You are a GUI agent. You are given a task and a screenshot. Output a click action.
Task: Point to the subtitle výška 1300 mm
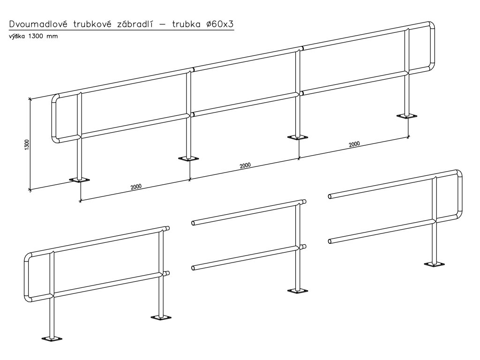click(33, 37)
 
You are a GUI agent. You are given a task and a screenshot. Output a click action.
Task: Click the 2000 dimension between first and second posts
click(136, 187)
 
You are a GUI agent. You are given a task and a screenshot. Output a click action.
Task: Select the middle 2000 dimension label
click(245, 165)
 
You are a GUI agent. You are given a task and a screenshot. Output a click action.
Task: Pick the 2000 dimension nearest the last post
click(354, 144)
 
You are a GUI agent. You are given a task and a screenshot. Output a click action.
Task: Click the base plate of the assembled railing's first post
click(79, 180)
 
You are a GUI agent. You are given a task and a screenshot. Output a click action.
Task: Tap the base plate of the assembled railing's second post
click(188, 159)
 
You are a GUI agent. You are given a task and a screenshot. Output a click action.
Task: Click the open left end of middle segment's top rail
click(193, 223)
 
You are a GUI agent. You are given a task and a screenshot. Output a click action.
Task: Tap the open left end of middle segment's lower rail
click(193, 268)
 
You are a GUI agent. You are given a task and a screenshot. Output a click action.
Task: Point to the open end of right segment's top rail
click(330, 196)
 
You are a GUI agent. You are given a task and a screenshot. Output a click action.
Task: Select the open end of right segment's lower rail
click(330, 241)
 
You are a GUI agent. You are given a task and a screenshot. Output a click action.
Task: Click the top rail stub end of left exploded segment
click(167, 228)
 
